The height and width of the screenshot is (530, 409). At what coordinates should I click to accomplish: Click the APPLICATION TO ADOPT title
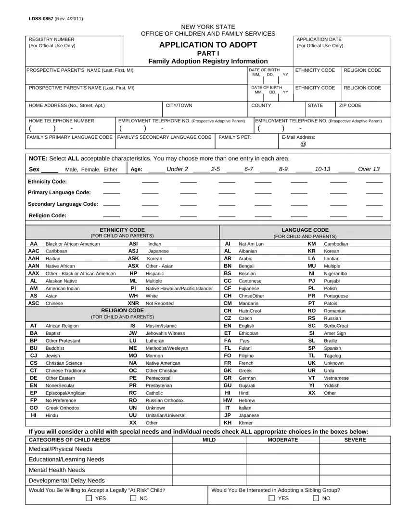click(x=208, y=45)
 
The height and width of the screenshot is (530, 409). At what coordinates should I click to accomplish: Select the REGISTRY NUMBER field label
click(x=52, y=39)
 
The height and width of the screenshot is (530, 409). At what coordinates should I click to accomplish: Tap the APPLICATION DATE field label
click(x=320, y=39)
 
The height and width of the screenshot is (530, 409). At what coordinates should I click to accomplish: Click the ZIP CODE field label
click(x=350, y=105)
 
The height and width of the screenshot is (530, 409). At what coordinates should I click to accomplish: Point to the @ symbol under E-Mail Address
click(x=303, y=145)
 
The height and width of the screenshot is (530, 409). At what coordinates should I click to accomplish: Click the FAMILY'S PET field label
click(x=232, y=137)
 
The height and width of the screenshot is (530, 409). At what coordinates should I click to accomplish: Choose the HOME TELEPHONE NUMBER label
click(x=62, y=121)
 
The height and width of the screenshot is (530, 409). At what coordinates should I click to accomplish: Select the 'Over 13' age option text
click(x=369, y=169)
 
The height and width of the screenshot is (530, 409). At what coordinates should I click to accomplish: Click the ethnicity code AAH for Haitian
click(x=34, y=259)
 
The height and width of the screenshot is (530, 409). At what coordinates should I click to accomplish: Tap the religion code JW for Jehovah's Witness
click(x=133, y=333)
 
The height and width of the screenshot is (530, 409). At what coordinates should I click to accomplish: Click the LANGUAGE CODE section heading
click(x=305, y=230)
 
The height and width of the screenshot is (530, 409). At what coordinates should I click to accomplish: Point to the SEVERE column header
click(x=355, y=440)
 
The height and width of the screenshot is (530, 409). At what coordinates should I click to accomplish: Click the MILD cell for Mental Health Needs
click(x=209, y=470)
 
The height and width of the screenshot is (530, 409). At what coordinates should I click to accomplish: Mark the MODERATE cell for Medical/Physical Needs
click(x=282, y=449)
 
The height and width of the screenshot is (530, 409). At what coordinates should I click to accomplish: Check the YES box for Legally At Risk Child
click(x=89, y=499)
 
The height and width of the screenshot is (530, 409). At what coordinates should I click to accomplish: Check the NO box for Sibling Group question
click(x=316, y=499)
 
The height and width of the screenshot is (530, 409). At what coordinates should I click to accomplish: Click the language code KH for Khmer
click(x=228, y=423)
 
